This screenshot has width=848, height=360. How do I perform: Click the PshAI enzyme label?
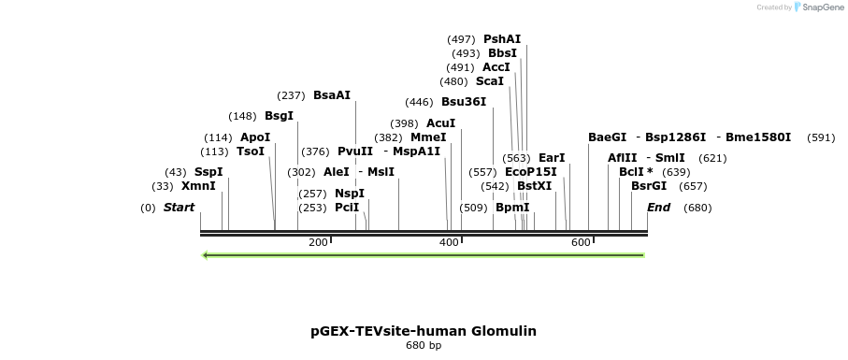point(502,39)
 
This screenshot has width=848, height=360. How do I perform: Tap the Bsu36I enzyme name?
point(464,102)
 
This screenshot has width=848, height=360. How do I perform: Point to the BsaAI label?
point(332,95)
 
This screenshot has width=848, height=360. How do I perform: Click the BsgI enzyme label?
point(279,116)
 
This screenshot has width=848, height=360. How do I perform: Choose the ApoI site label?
point(255,137)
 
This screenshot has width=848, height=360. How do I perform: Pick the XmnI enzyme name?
point(198,186)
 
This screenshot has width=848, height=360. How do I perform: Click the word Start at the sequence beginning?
point(179,208)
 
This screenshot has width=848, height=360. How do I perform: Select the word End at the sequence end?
point(658,208)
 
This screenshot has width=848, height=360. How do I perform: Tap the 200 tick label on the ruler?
point(318,243)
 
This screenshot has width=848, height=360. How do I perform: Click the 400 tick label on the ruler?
point(450,243)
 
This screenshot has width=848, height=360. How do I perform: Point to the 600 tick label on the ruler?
point(581,243)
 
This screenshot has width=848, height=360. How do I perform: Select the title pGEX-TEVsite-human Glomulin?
point(424,331)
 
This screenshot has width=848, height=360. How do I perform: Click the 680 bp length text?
point(424,346)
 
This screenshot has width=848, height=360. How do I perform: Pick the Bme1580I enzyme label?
point(758,137)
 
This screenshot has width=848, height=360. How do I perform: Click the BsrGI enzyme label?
point(649,186)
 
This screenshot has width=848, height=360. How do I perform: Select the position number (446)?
point(419,102)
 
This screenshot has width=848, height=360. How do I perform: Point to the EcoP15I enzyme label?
point(530,172)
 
